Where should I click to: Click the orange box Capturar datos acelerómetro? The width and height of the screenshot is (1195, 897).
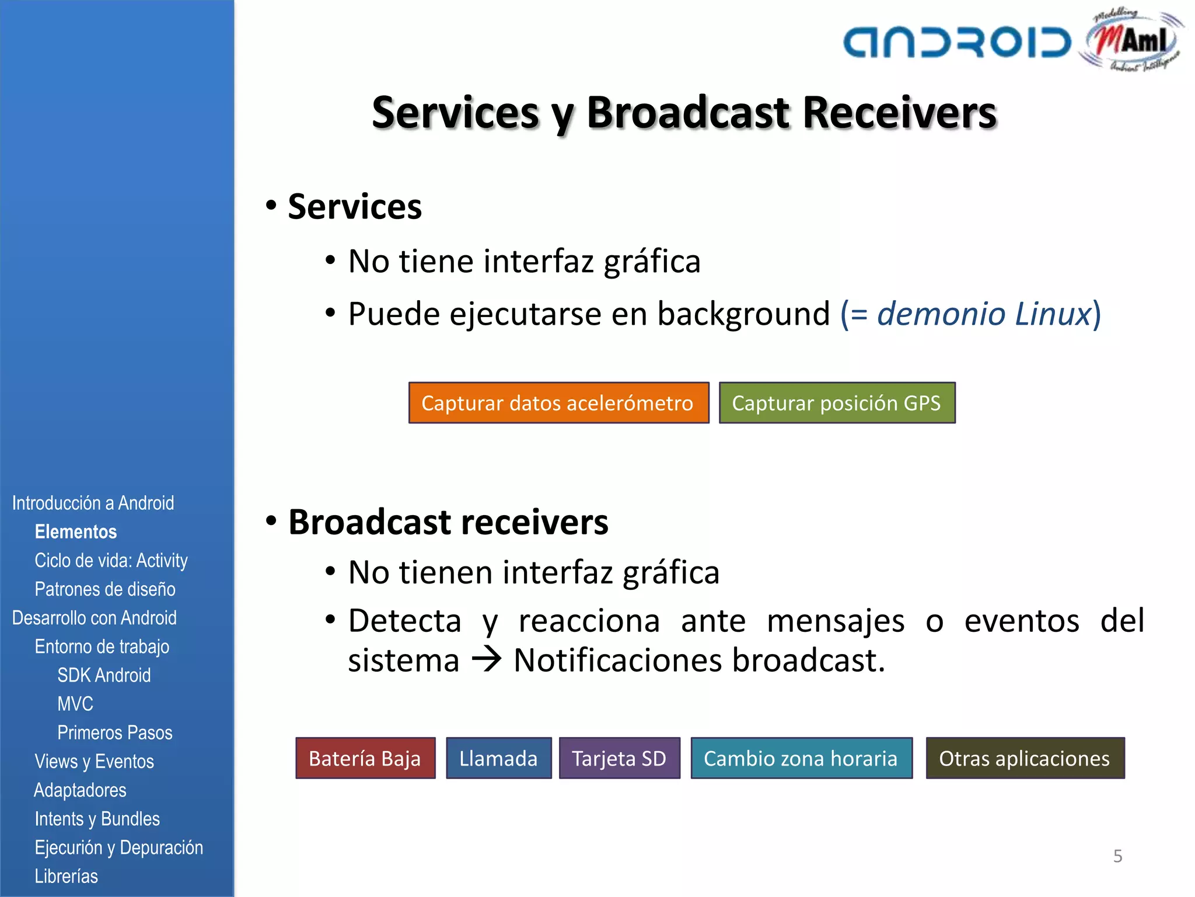pyautogui.click(x=558, y=403)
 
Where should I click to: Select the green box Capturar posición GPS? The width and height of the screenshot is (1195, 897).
pyautogui.click(x=837, y=403)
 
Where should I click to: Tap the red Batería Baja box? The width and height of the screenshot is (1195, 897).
pyautogui.click(x=365, y=758)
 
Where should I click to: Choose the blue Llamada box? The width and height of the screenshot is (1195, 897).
pyautogui.click(x=498, y=758)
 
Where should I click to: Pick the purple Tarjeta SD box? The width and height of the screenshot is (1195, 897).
pyautogui.click(x=619, y=758)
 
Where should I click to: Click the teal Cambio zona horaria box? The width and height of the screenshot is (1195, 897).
pyautogui.click(x=801, y=758)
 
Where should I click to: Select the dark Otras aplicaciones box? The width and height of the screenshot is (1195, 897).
pyautogui.click(x=1025, y=758)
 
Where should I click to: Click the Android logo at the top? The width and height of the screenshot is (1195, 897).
pyautogui.click(x=957, y=43)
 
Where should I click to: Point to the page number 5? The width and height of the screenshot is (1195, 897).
pyautogui.click(x=1117, y=856)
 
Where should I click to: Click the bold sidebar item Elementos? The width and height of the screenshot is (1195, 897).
pyautogui.click(x=76, y=532)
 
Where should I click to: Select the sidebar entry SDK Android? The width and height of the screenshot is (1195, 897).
pyautogui.click(x=104, y=675)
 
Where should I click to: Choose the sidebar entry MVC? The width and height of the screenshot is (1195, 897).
pyautogui.click(x=75, y=704)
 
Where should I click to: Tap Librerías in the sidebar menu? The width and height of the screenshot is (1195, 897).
pyautogui.click(x=66, y=876)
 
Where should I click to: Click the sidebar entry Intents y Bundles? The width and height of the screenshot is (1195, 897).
pyautogui.click(x=97, y=819)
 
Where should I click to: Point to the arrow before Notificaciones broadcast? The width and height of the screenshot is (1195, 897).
pyautogui.click(x=487, y=660)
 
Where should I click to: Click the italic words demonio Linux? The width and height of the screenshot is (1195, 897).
pyautogui.click(x=984, y=314)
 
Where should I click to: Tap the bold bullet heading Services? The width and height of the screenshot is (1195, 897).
pyautogui.click(x=355, y=207)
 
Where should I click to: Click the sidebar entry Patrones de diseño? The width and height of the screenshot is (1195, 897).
pyautogui.click(x=105, y=589)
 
